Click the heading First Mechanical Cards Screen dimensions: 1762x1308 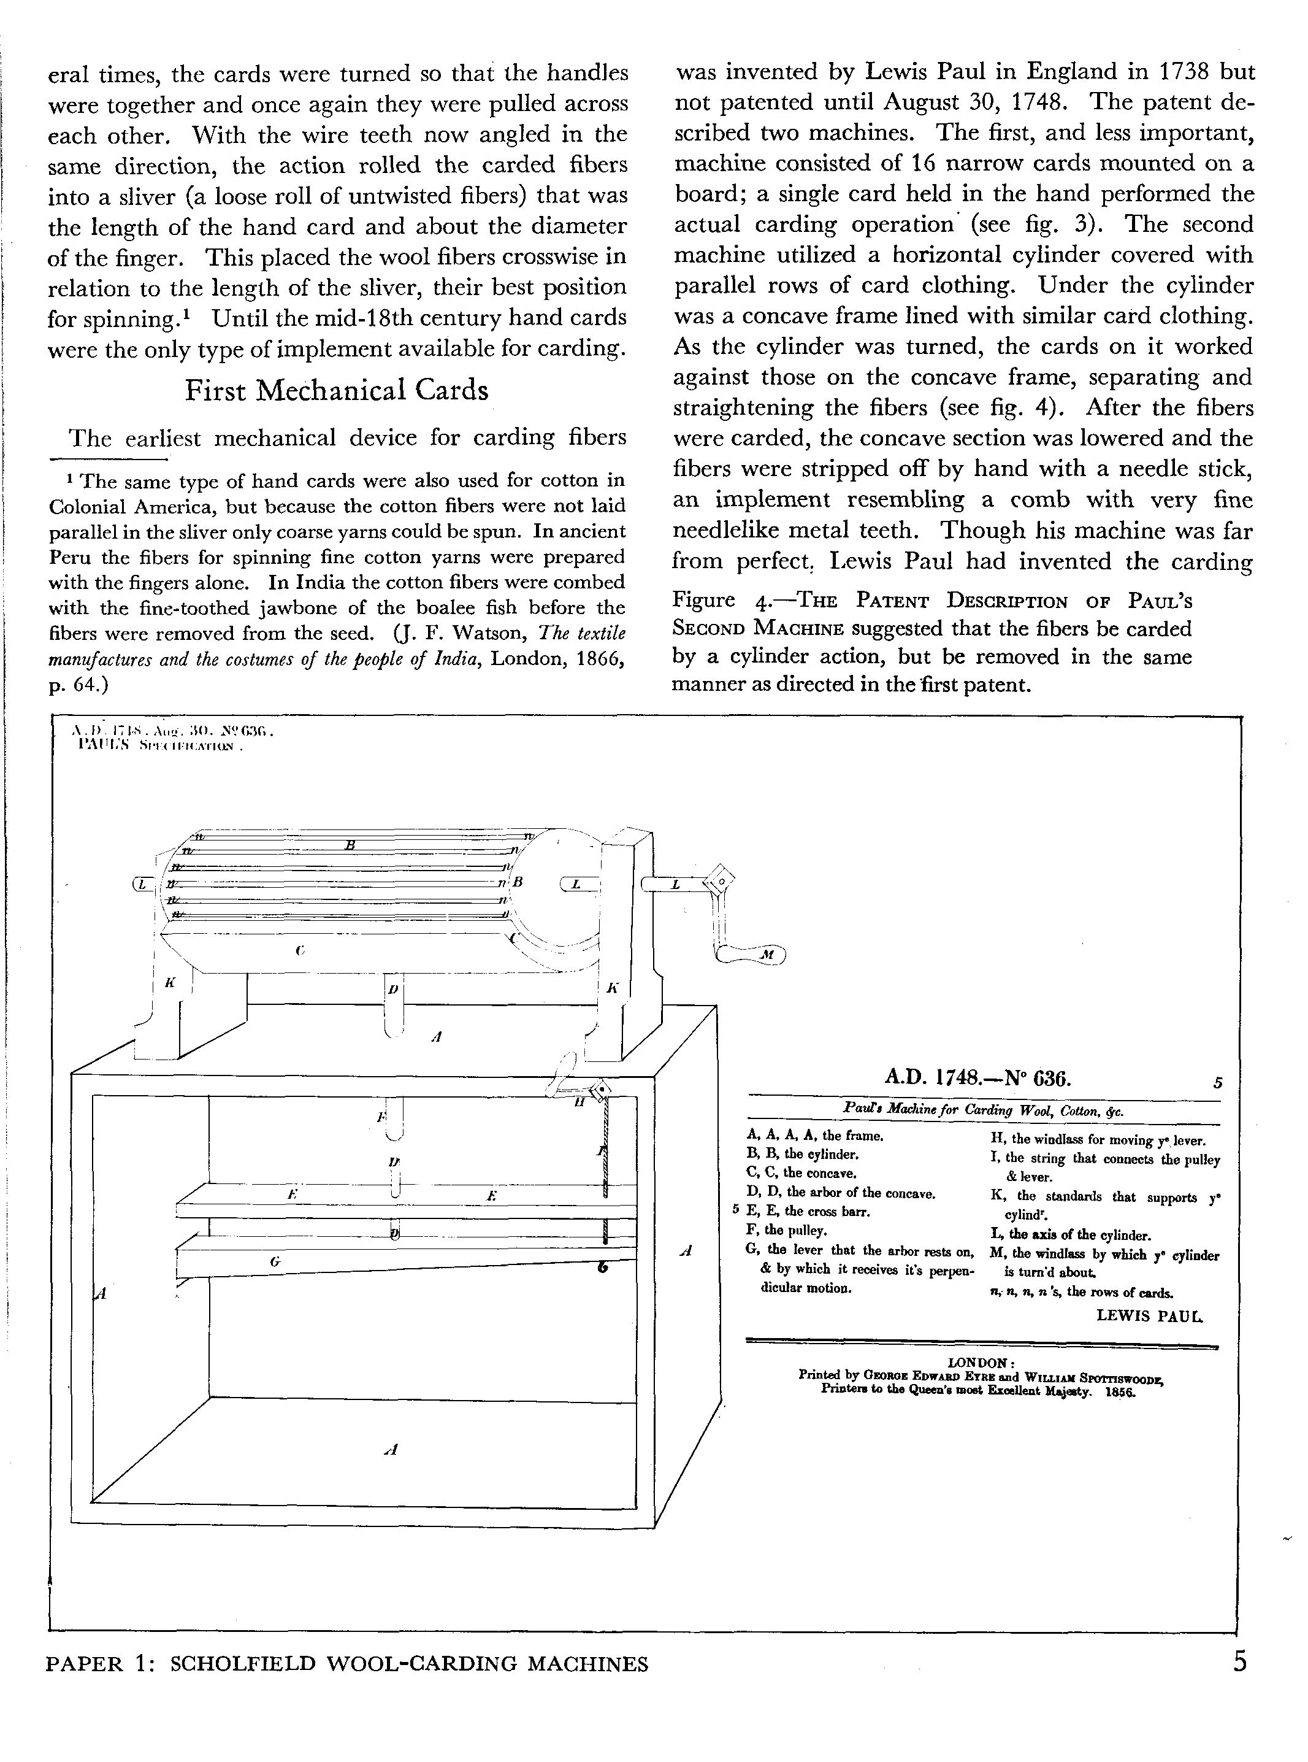click(337, 390)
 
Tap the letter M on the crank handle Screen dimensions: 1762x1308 click(766, 956)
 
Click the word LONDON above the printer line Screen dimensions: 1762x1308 click(981, 1362)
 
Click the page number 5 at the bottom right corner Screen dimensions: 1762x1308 click(1240, 1661)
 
